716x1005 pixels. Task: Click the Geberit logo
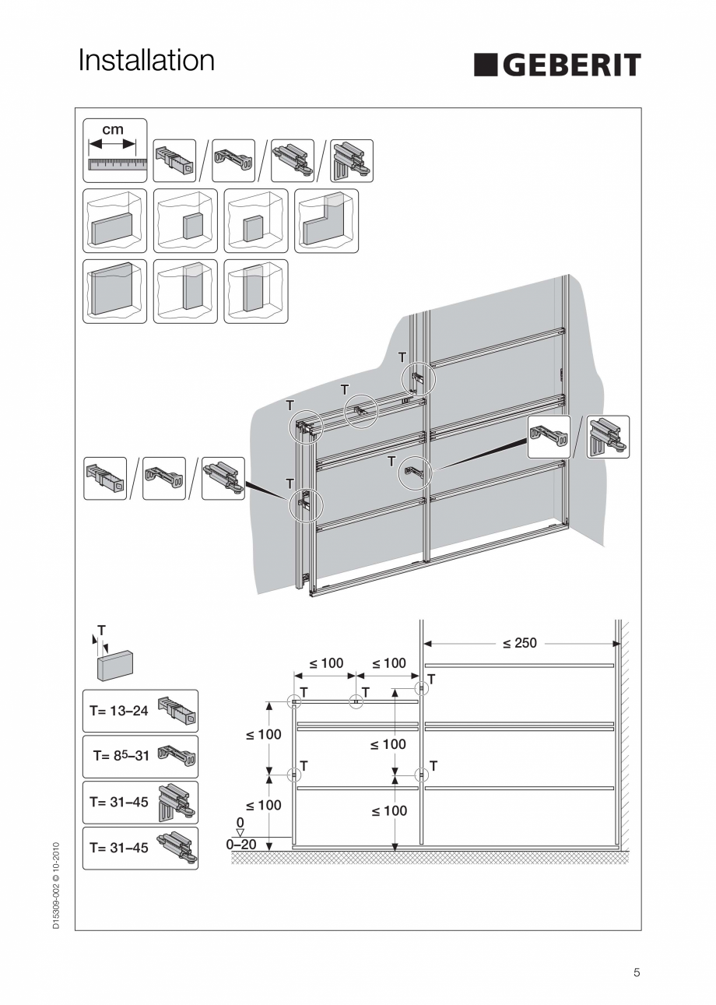(557, 65)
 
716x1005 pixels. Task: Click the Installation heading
(146, 60)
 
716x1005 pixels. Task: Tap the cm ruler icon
(114, 150)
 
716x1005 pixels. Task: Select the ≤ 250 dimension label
(519, 643)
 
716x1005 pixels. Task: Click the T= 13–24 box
(140, 711)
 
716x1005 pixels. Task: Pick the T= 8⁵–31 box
(140, 756)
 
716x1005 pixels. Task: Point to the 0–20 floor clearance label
(241, 844)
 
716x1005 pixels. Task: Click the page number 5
(637, 972)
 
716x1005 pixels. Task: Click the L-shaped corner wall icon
(327, 221)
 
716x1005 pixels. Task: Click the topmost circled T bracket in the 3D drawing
(419, 379)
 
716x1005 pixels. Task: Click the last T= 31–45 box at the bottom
(140, 848)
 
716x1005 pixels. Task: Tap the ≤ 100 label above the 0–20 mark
(264, 806)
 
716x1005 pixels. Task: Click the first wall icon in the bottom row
(114, 291)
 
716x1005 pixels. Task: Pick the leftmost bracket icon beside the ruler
(174, 160)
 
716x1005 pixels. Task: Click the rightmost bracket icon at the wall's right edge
(608, 437)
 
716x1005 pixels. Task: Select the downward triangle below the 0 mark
(240, 832)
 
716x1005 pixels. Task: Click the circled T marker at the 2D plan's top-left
(294, 701)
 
